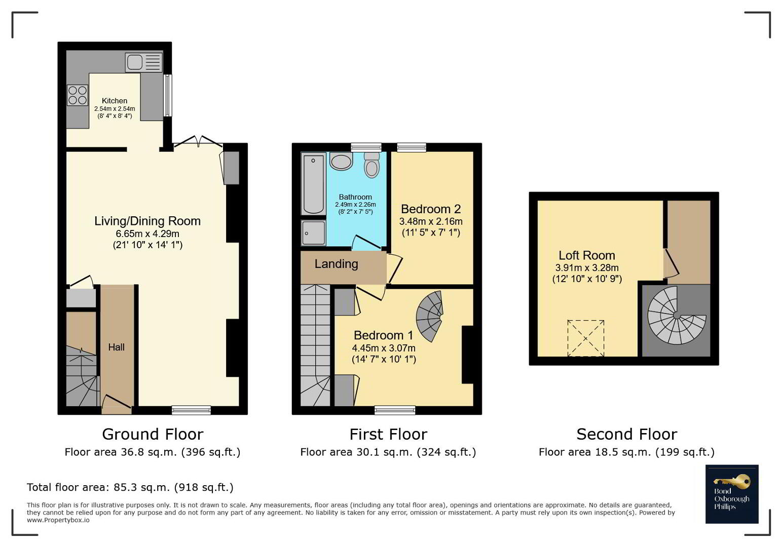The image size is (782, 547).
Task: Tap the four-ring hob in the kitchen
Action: pyautogui.click(x=78, y=95)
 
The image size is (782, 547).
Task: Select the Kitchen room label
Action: pyautogui.click(x=115, y=101)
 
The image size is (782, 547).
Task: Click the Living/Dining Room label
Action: pyautogui.click(x=147, y=221)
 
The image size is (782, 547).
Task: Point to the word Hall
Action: pyautogui.click(x=116, y=347)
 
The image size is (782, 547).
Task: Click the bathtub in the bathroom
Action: pyautogui.click(x=313, y=184)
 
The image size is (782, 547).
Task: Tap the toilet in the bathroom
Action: pyautogui.click(x=372, y=165)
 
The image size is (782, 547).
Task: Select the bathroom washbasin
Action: pyautogui.click(x=341, y=161)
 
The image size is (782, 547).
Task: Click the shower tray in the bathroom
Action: pyautogui.click(x=314, y=232)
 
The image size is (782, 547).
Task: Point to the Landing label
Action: pyautogui.click(x=336, y=264)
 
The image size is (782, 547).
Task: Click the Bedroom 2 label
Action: pyautogui.click(x=431, y=209)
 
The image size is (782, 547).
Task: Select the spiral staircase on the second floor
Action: pyautogui.click(x=676, y=316)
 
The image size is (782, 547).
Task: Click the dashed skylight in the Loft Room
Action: pyautogui.click(x=586, y=338)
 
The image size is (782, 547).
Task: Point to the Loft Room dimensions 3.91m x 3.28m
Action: pyautogui.click(x=587, y=268)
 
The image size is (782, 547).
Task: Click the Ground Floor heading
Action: pyautogui.click(x=153, y=435)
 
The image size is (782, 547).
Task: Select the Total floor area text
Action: pyautogui.click(x=130, y=487)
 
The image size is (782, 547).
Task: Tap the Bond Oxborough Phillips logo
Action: pyautogui.click(x=732, y=494)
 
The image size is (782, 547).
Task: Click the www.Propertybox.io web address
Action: pyautogui.click(x=58, y=520)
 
